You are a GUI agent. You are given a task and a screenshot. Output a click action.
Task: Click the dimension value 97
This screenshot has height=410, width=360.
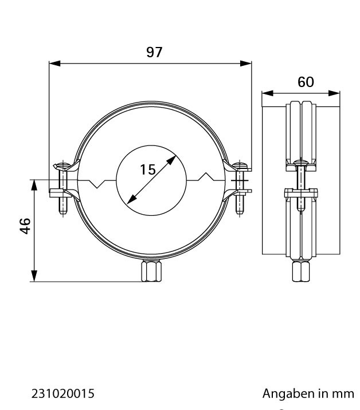click(154, 52)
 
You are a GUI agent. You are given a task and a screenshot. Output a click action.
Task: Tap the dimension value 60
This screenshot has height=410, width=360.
click(306, 82)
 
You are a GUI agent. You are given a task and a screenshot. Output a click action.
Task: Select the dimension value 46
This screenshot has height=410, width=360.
click(25, 226)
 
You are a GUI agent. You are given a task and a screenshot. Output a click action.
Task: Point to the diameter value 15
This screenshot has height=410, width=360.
click(148, 169)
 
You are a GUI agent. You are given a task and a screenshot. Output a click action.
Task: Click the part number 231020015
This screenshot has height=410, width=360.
click(63, 393)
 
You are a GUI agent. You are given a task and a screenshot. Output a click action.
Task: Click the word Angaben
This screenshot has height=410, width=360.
click(289, 394)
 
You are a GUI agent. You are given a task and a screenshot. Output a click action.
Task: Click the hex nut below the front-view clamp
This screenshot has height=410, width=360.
click(151, 271)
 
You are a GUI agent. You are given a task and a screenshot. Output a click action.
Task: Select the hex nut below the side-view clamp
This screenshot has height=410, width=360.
click(301, 271)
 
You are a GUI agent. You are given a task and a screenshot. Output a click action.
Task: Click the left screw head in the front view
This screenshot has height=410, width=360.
click(62, 166)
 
